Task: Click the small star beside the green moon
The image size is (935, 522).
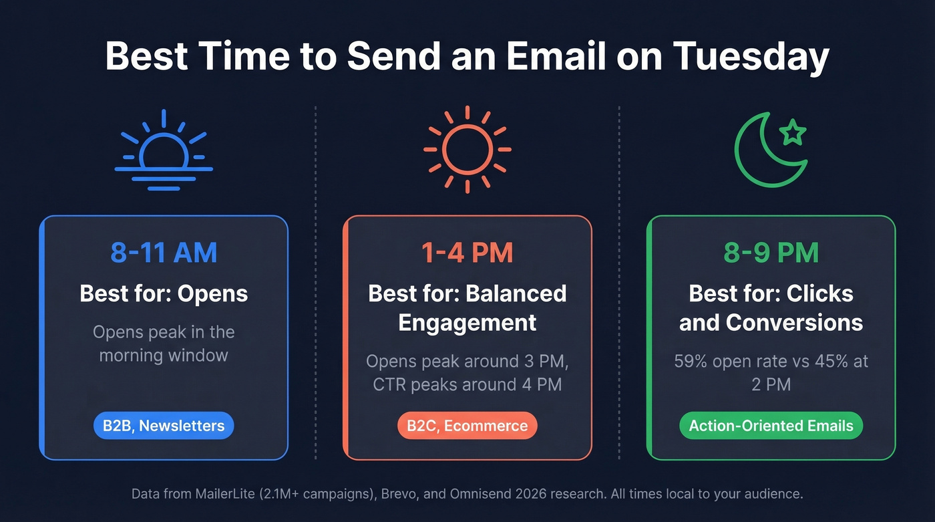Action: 793,132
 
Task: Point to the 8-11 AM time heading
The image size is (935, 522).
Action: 164,253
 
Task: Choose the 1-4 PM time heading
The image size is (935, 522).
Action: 467,253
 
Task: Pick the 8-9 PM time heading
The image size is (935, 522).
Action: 771,253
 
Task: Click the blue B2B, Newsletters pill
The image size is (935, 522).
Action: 164,426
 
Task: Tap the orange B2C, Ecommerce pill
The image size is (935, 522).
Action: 467,426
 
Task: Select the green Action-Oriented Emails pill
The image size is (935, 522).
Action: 771,426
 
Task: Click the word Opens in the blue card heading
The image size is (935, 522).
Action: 214,293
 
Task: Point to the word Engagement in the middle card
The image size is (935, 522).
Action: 467,323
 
